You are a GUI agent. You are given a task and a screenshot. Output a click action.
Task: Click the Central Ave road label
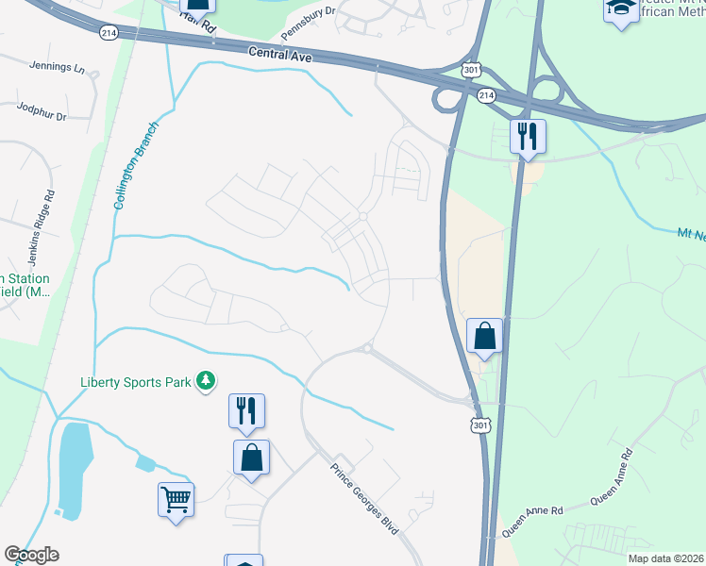pos(280,55)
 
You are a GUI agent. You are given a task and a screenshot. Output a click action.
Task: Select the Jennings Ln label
pos(57,69)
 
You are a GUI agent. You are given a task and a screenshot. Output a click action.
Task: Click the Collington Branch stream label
pos(136,170)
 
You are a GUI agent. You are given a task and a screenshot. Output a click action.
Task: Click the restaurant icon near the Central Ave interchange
pos(528,135)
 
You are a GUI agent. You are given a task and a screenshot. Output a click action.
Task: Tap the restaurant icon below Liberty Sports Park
pos(246,409)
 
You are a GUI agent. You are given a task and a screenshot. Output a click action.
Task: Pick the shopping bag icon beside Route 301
pos(484,335)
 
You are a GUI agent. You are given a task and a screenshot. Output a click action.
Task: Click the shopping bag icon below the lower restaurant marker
pos(251,458)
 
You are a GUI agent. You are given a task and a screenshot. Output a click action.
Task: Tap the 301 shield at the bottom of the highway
pos(480,427)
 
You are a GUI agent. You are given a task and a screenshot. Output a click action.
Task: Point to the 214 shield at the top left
pos(108,31)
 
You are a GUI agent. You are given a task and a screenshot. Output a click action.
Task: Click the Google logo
pos(31,555)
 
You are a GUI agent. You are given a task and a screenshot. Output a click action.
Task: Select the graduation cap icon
pos(621,8)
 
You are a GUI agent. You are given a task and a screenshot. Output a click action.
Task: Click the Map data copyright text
pos(665,558)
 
